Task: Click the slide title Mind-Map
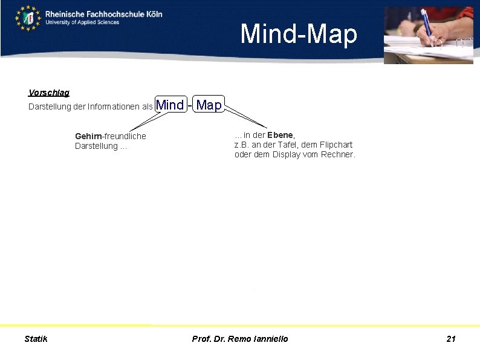(x=299, y=34)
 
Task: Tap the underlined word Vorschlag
(x=48, y=93)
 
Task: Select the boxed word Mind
(x=170, y=105)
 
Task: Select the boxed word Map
(x=209, y=105)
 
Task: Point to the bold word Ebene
(x=280, y=135)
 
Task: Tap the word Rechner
(x=339, y=154)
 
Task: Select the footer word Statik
(x=36, y=339)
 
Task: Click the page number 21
(x=451, y=339)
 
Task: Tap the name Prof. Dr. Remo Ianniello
(x=240, y=339)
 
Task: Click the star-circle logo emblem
(x=28, y=18)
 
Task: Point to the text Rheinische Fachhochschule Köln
(x=103, y=13)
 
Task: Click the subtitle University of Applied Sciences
(x=82, y=22)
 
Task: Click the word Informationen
(x=114, y=107)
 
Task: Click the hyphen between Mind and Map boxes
(x=190, y=105)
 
